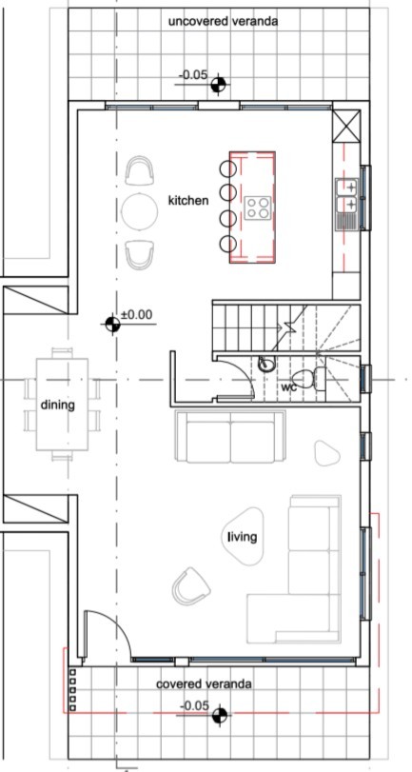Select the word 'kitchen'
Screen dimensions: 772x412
188,201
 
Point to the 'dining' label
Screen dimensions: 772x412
57,405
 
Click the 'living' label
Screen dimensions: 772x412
242,538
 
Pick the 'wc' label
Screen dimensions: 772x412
288,387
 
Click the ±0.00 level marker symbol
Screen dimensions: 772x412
113,325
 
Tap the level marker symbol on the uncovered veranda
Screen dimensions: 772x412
219,86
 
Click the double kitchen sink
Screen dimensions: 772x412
347,196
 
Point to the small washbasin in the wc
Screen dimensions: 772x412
267,364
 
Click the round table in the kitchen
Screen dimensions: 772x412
140,211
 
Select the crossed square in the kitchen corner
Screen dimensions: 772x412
346,125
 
